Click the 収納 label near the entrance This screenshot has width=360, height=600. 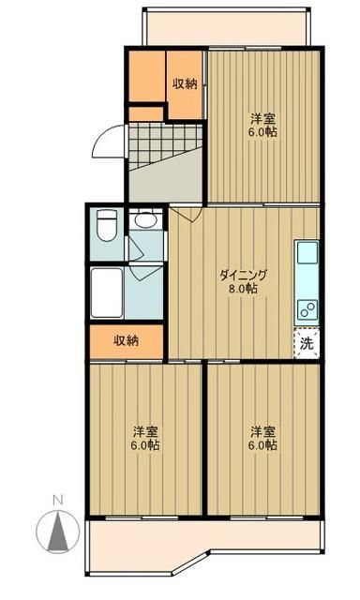point(185,83)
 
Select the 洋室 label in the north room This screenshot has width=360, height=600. point(262,118)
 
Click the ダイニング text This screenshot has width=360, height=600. point(244,275)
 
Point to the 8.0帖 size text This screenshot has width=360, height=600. point(244,289)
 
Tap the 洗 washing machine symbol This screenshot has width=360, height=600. point(307,343)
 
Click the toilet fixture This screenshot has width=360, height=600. point(106,225)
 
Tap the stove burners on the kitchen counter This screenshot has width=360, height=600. point(307,309)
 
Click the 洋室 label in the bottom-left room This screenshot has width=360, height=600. point(144,431)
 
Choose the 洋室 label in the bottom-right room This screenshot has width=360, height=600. point(262,431)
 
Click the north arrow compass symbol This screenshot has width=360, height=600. point(57,532)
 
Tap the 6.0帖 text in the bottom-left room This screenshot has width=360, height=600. point(144,445)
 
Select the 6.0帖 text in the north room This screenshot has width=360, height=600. point(262,132)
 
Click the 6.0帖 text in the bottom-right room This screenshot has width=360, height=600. point(262,445)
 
